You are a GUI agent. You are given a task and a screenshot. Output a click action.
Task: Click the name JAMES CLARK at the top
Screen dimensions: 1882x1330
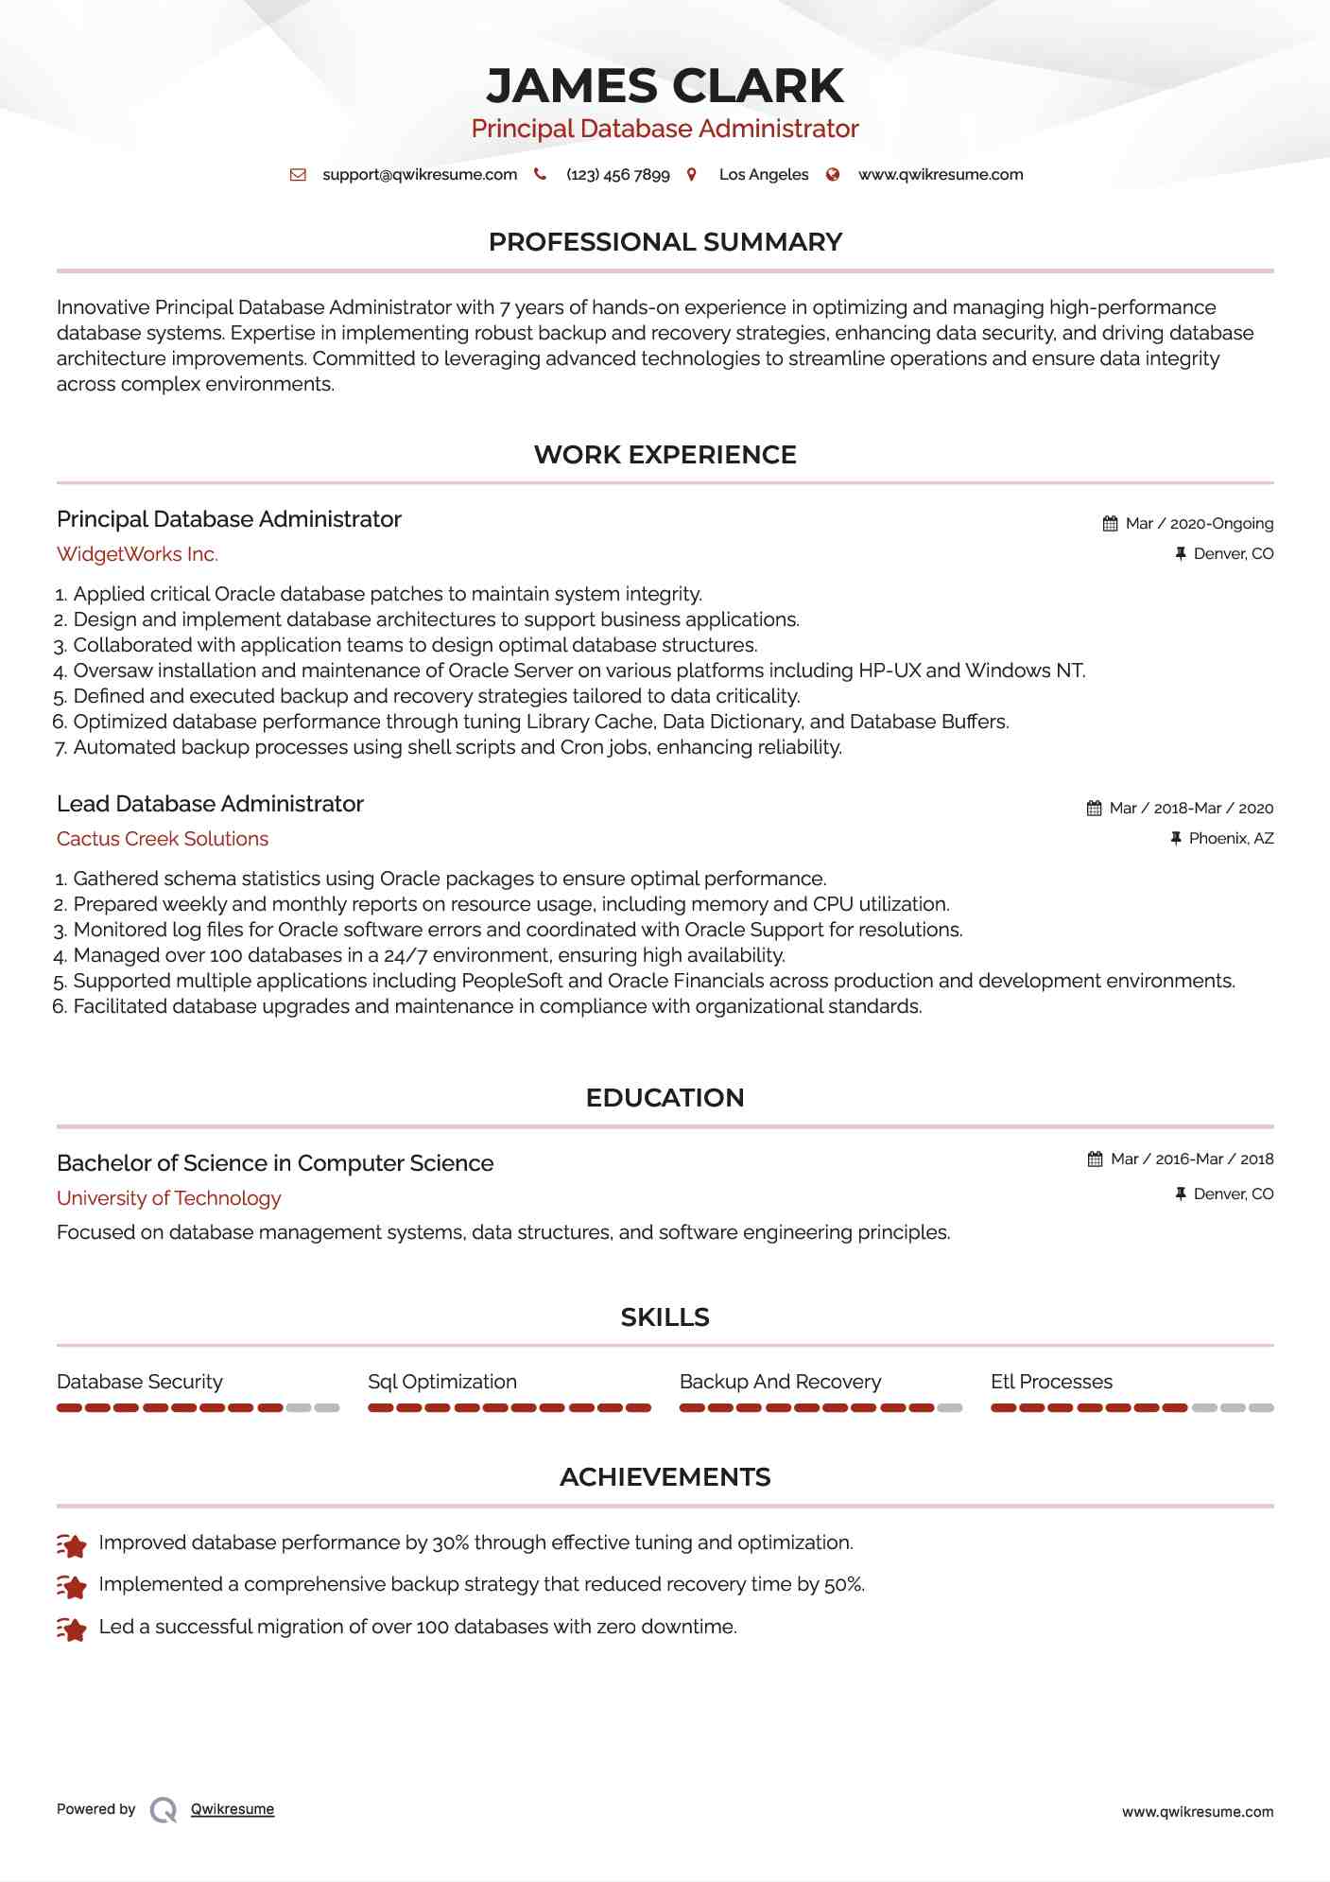(665, 86)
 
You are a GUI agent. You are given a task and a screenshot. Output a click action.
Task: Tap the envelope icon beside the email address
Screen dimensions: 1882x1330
(298, 175)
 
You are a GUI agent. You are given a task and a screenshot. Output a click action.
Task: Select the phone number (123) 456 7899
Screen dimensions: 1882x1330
(617, 175)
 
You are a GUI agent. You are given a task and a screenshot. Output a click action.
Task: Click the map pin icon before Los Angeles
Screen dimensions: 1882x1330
(692, 175)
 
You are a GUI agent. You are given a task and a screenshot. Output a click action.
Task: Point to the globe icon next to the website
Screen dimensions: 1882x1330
(833, 175)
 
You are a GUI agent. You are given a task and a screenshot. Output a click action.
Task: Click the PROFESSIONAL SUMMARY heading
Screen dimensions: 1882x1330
(665, 242)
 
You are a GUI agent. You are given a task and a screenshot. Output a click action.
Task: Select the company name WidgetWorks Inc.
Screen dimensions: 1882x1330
(137, 554)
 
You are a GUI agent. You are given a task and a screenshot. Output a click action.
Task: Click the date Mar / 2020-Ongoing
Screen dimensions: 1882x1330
(1199, 524)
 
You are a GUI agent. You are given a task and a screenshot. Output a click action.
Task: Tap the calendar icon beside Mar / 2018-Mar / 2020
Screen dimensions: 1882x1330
(1094, 809)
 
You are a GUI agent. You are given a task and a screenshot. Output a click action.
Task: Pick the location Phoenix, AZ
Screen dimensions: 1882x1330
(1231, 839)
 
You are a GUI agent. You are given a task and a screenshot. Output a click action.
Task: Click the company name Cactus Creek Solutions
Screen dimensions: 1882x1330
(163, 839)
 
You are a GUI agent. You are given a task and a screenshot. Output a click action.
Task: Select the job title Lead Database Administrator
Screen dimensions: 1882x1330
(210, 804)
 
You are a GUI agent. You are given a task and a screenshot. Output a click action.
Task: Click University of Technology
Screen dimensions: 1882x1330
(169, 1198)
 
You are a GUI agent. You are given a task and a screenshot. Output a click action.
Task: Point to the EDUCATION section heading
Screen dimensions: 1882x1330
(665, 1098)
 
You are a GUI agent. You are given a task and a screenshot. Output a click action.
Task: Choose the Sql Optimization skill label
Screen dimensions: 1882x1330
(442, 1382)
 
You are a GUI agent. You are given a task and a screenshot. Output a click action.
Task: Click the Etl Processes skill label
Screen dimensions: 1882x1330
(1051, 1382)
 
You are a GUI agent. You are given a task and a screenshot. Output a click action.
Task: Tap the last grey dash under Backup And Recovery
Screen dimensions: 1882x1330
(950, 1408)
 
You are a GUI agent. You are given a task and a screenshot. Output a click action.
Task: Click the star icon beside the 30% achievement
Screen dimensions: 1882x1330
(72, 1545)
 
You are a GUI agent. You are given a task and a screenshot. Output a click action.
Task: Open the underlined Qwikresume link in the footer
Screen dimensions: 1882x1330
(233, 1809)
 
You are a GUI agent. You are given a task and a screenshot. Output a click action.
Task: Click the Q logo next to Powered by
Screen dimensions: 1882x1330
(164, 1810)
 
